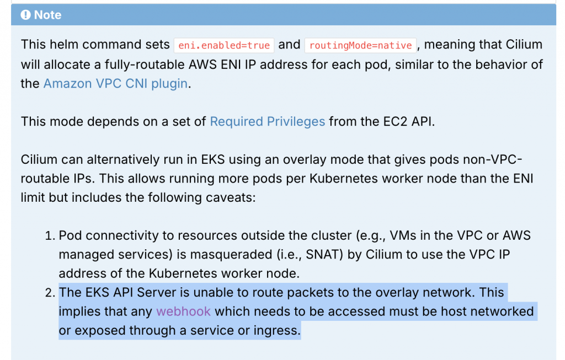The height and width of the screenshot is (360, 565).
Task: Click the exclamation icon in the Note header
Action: click(26, 15)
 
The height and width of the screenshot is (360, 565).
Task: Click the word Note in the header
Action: click(48, 15)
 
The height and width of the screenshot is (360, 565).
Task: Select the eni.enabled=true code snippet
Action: click(224, 45)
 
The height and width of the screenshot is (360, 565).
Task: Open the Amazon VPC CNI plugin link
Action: click(115, 84)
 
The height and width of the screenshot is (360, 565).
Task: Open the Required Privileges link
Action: click(268, 121)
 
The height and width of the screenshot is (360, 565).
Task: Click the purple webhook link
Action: click(183, 311)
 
